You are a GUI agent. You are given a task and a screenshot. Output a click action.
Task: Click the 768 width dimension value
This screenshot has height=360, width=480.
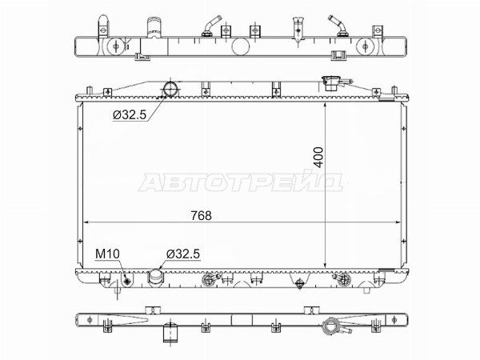201,215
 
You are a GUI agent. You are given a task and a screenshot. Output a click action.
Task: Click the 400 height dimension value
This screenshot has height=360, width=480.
318,158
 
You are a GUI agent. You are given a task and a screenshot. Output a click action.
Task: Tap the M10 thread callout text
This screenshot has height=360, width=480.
107,254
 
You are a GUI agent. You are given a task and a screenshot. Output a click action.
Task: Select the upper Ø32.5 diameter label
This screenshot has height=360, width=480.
130,115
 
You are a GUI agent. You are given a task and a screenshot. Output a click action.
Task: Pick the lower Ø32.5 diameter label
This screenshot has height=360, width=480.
183,254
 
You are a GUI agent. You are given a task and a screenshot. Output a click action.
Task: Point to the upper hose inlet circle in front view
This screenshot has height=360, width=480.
171,89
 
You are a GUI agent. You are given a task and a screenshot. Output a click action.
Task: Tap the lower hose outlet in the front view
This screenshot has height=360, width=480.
156,278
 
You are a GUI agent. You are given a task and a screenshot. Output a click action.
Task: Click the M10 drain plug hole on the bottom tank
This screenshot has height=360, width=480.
128,281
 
